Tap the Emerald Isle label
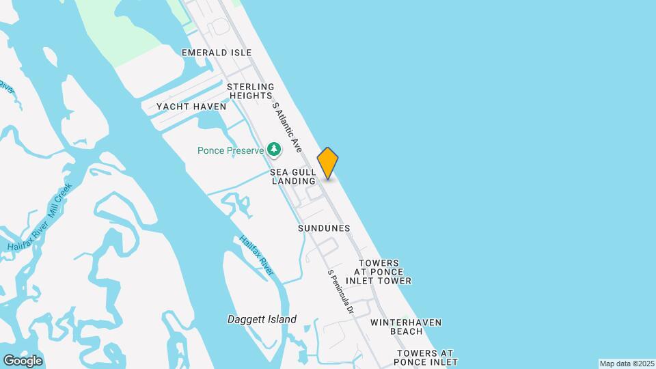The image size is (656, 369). coord(217,53)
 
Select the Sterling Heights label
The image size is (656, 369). coord(251,92)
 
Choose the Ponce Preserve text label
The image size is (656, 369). coord(230,150)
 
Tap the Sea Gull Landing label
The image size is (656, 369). coord(293,176)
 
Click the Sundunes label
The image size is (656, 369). coord(324,228)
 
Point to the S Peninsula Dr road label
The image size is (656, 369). coord(340,291)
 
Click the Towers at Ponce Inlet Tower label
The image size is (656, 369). coord(379,272)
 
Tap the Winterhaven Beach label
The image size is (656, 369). coord(406,327)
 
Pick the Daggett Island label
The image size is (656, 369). coord(262,319)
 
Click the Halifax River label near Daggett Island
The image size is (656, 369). coord(256,256)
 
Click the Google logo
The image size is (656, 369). coord(23,360)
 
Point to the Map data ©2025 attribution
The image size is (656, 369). coord(627,364)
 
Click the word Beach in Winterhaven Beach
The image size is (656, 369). coord(407,331)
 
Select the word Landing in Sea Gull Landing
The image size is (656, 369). coord(294,181)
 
